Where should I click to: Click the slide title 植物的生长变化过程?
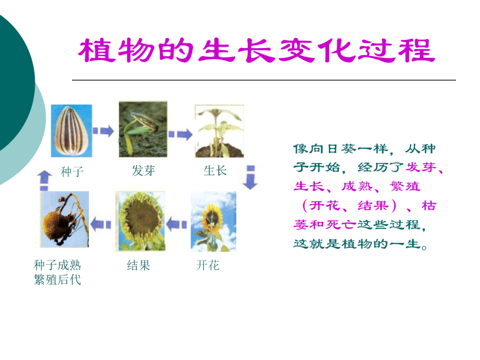256,51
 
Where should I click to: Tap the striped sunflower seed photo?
72,131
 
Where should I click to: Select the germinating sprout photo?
143,129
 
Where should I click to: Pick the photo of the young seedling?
219,131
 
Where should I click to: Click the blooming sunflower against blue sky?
213,221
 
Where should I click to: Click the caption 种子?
72,171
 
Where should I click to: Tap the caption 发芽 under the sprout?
144,170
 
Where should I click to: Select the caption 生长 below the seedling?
215,170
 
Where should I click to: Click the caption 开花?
208,265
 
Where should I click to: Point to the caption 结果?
139,265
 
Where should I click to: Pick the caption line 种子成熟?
58,265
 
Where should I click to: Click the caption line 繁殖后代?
58,280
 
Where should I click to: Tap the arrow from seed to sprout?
104,131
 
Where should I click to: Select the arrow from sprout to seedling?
180,134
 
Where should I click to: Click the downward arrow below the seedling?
251,177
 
